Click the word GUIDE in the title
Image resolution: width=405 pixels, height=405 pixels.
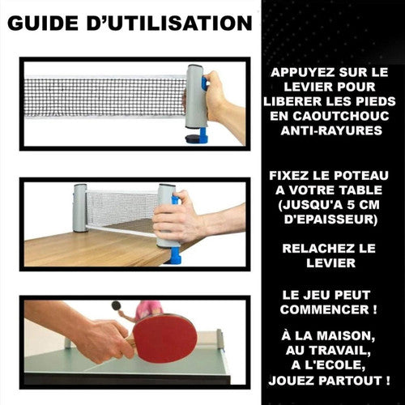click(x=43, y=23)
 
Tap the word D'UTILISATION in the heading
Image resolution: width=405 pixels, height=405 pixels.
click(x=169, y=23)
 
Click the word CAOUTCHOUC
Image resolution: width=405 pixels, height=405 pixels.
click(x=341, y=116)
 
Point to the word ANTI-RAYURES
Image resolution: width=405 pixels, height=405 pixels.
click(x=331, y=130)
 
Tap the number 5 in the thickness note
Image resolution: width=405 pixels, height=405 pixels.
click(x=351, y=205)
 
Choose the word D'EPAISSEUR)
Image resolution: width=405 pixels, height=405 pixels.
click(x=330, y=220)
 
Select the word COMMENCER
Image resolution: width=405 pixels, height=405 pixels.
click(x=324, y=309)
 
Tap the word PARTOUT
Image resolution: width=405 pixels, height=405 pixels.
click(x=350, y=381)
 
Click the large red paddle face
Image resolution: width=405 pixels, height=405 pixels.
click(x=164, y=338)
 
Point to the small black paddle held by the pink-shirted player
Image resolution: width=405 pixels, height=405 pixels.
click(x=116, y=305)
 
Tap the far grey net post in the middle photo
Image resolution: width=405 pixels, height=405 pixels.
click(x=80, y=208)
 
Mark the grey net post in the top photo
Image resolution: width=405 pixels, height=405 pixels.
click(x=197, y=96)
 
